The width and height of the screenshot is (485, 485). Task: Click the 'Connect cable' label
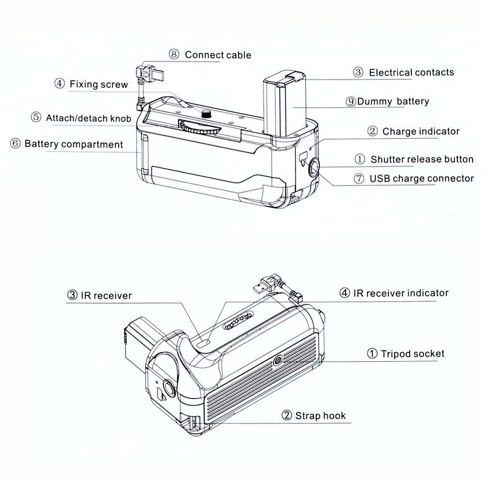pos(218,55)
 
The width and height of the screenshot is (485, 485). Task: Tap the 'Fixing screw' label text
pos(98,84)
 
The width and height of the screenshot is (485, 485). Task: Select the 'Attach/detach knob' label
pos(88,118)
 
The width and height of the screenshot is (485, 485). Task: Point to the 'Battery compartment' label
pos(74,144)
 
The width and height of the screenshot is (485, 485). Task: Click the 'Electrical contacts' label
pos(411,73)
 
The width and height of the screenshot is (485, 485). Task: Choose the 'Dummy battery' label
pos(392,101)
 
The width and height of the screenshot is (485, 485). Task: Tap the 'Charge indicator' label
pos(421,131)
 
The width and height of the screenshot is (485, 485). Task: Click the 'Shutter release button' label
pos(422,159)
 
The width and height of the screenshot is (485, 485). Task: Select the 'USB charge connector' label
pos(421,179)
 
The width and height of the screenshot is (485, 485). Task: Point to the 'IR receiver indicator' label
pos(400,293)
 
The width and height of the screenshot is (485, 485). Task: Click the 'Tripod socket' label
pos(412,354)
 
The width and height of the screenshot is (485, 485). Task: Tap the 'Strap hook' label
pos(320,416)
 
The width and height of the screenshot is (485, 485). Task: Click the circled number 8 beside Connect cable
pos(174,55)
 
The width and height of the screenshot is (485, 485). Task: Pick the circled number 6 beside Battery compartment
pos(15,144)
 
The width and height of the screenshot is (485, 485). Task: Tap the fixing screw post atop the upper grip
pos(205,114)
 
